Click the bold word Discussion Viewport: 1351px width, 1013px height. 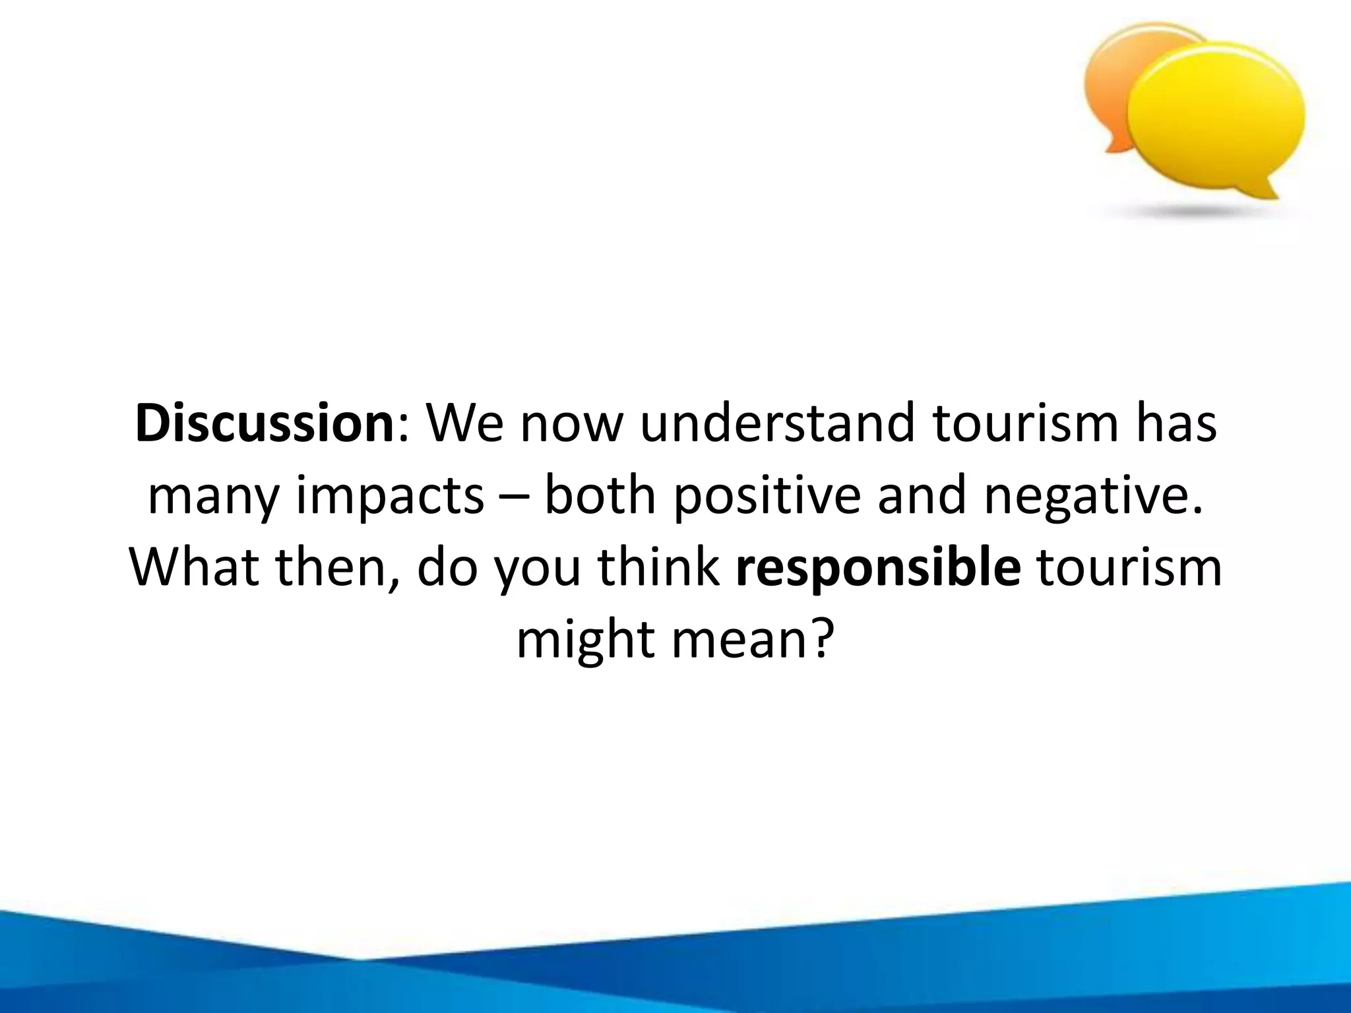click(265, 423)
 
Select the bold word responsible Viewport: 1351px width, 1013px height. click(878, 567)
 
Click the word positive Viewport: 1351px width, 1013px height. click(768, 496)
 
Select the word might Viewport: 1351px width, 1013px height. click(584, 640)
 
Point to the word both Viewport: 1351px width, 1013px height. click(600, 496)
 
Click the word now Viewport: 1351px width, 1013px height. click(571, 423)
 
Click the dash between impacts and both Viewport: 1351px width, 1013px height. click(515, 498)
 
